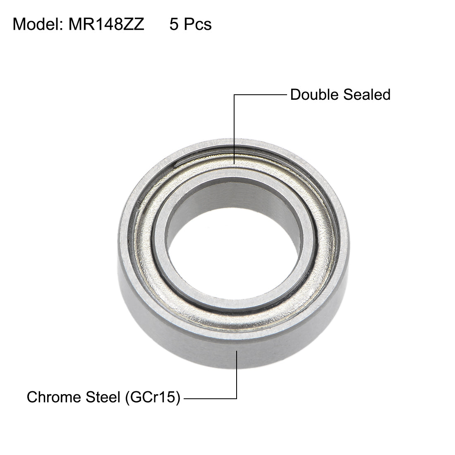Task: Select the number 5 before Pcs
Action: point(174,24)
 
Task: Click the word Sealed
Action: point(367,95)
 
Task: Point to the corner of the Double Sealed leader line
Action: point(235,95)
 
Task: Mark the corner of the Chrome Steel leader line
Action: point(237,399)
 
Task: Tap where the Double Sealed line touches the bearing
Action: point(235,165)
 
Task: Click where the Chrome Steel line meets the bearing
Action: point(237,351)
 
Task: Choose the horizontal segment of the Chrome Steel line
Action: point(210,399)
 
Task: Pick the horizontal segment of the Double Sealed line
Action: point(261,95)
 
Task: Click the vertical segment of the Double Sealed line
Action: point(235,128)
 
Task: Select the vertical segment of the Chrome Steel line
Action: point(237,374)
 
